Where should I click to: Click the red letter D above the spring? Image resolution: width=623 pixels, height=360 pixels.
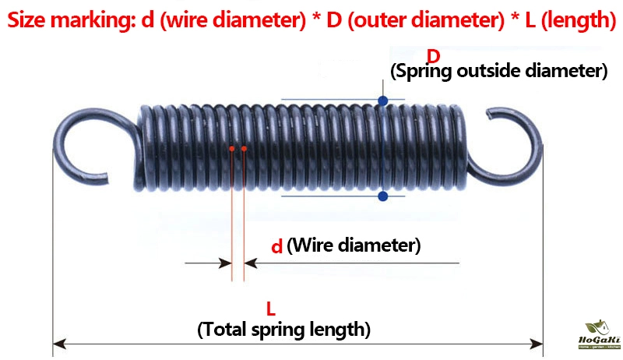click(434, 55)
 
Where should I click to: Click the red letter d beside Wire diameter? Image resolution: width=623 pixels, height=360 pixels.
click(276, 247)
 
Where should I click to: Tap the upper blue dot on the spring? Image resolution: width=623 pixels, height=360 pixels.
click(382, 101)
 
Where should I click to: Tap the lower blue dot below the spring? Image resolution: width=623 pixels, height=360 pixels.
click(382, 196)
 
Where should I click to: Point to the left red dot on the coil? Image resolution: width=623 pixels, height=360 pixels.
click(232, 148)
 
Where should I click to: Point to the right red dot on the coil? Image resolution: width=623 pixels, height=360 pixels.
click(244, 148)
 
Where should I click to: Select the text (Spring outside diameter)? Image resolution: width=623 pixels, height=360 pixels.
click(498, 72)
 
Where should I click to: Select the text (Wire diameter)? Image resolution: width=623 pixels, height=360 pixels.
click(354, 246)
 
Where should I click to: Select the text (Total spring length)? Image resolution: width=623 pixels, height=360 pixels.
click(284, 329)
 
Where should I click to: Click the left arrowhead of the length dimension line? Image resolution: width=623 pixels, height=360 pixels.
click(58, 342)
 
